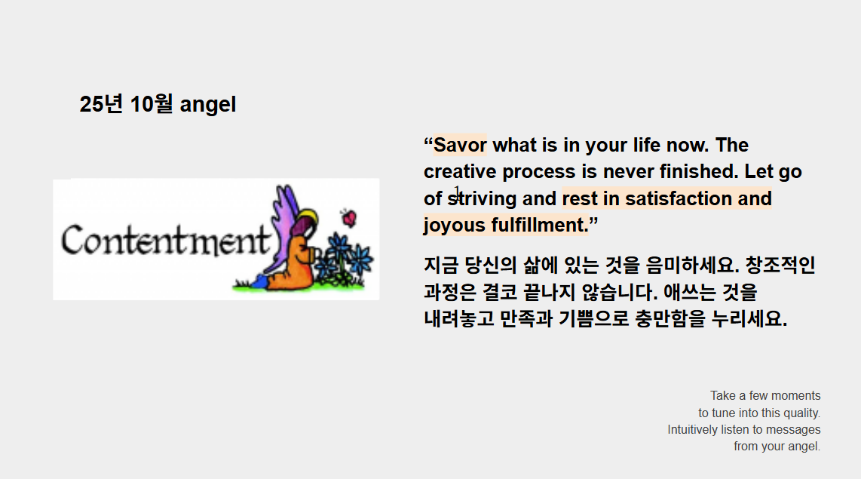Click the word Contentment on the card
(x=164, y=240)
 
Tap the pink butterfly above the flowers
(x=348, y=218)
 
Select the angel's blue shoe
(x=260, y=281)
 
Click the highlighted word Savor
(x=460, y=145)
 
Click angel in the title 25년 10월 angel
(x=208, y=105)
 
